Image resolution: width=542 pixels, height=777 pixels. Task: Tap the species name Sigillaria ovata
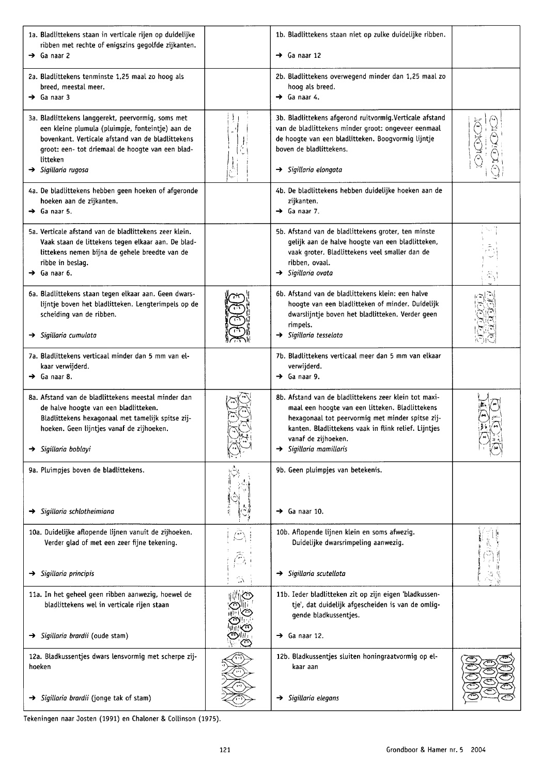pyautogui.click(x=310, y=273)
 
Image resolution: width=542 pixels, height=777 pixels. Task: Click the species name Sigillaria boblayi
pyautogui.click(x=66, y=449)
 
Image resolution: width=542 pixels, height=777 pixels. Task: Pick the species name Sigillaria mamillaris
pyautogui.click(x=317, y=449)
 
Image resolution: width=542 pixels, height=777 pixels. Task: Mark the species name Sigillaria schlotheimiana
pyautogui.click(x=77, y=511)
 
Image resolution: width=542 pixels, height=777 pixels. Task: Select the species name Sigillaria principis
pyautogui.click(x=67, y=573)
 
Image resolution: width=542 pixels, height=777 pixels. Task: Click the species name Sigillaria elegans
pyautogui.click(x=313, y=698)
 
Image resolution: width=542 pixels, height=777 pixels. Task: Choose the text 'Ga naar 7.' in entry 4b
pyautogui.click(x=303, y=211)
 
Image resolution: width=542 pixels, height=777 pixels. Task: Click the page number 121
pyautogui.click(x=225, y=749)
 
